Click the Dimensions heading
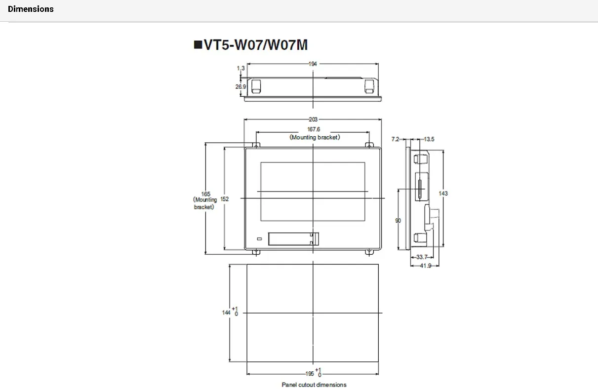point(31,9)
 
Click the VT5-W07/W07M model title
point(251,45)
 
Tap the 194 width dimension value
point(313,64)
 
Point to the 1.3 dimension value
point(240,68)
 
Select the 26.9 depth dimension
point(240,86)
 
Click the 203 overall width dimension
point(313,119)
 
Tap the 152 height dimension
point(225,199)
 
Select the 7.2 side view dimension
point(395,139)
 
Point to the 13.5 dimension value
point(429,139)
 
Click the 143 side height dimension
point(443,194)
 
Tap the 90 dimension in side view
point(398,221)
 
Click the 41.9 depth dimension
point(425,266)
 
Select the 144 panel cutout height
point(227,312)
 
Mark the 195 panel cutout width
point(310,374)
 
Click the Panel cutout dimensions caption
point(314,385)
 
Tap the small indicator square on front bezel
point(260,239)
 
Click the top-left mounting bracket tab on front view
point(256,145)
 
